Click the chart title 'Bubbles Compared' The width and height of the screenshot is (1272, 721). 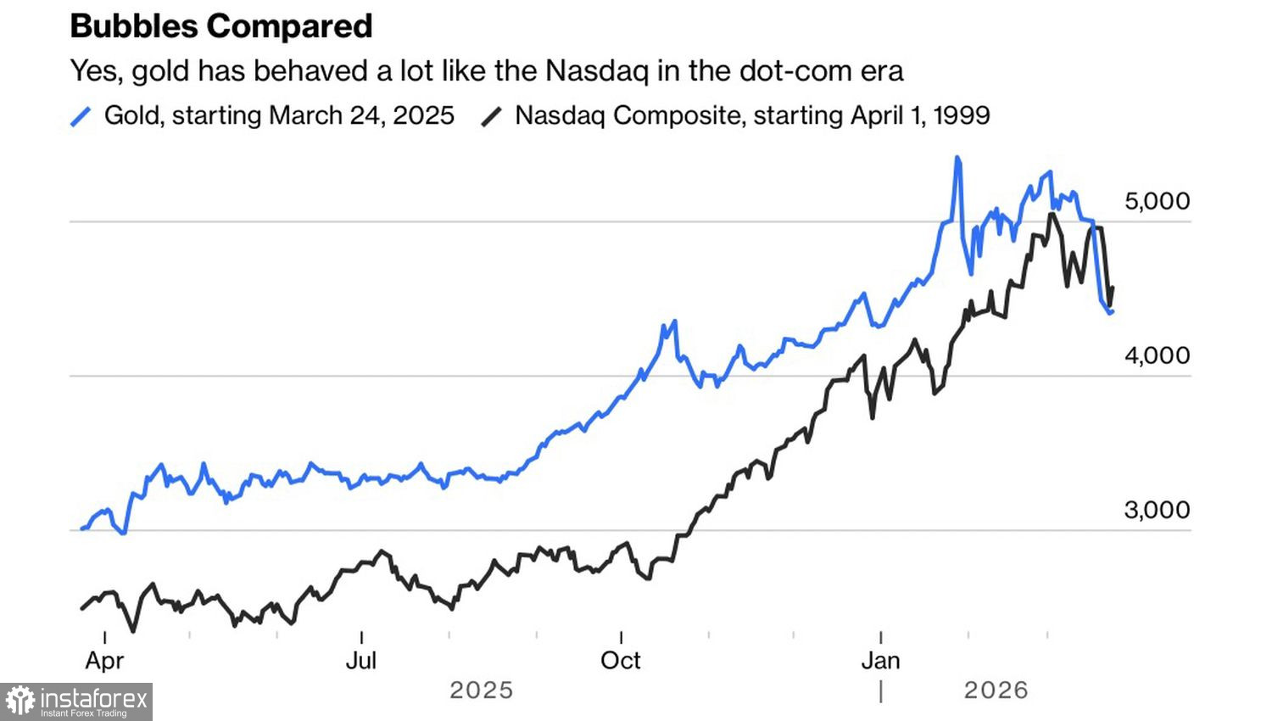tap(221, 26)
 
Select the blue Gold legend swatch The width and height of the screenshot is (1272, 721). tap(81, 116)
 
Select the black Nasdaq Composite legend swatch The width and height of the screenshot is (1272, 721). tap(492, 116)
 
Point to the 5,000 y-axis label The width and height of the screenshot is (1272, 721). tap(1157, 201)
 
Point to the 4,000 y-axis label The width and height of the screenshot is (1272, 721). tap(1157, 355)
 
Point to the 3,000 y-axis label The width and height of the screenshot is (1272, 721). tap(1157, 510)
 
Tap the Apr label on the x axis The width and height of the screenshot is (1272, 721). tap(104, 661)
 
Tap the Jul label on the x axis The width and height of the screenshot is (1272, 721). tap(361, 661)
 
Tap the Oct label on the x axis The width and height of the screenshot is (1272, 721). tap(621, 661)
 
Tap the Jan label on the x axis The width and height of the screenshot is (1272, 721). tap(880, 661)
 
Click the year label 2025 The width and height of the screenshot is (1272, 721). tap(481, 690)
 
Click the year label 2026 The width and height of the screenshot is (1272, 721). tap(996, 690)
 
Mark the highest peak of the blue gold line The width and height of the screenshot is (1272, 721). tap(957, 158)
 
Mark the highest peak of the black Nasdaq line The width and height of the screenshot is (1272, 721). tap(1052, 214)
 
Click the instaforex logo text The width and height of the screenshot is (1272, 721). tap(94, 700)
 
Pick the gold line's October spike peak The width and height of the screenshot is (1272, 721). tap(674, 321)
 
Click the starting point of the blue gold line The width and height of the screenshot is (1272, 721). tap(82, 528)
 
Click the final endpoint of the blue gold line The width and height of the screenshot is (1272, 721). tap(1112, 312)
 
